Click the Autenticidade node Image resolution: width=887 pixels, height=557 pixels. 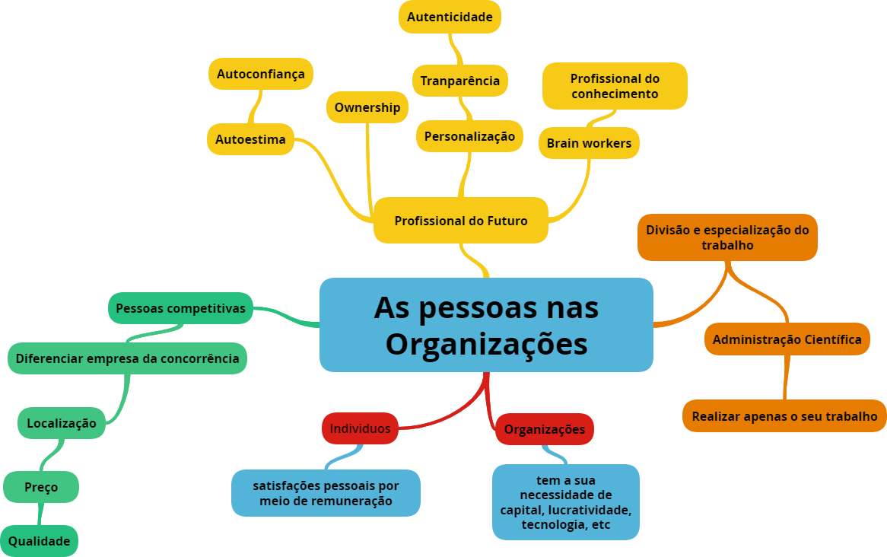click(x=450, y=17)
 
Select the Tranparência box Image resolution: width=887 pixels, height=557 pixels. click(x=460, y=81)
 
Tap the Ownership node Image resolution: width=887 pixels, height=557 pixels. click(x=367, y=107)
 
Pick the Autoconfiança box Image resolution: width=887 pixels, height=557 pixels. click(x=261, y=74)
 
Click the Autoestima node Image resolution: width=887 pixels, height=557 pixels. click(x=250, y=139)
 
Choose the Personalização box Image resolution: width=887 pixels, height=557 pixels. click(x=469, y=136)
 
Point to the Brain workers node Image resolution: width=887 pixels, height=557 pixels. click(x=589, y=143)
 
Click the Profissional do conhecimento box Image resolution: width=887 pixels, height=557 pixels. click(x=615, y=86)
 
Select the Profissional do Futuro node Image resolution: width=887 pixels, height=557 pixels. click(x=460, y=221)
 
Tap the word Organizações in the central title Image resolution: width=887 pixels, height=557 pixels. click(x=486, y=344)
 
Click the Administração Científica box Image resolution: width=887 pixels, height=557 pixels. click(x=787, y=339)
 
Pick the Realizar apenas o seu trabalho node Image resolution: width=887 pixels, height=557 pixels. click(x=784, y=416)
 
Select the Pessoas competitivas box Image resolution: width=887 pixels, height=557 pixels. click(x=180, y=308)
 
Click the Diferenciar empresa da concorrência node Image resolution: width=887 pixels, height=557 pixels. click(x=127, y=358)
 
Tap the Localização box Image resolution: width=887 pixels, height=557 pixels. click(x=62, y=423)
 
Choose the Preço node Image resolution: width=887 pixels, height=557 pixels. click(x=41, y=487)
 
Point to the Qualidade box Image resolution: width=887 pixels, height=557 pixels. click(x=39, y=541)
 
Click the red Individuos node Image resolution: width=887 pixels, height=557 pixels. click(x=360, y=428)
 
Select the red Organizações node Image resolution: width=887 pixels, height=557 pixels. click(x=545, y=429)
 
